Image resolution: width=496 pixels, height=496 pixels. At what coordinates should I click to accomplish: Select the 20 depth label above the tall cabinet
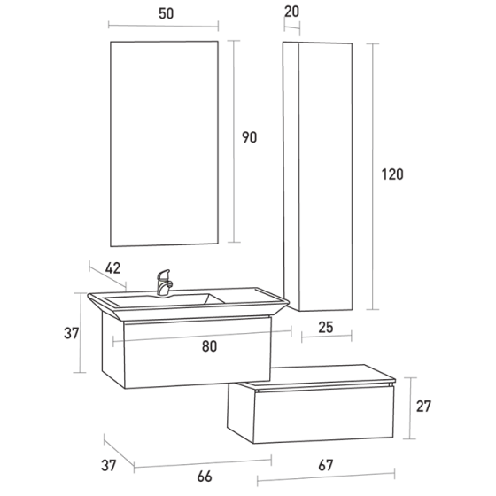pos(292,12)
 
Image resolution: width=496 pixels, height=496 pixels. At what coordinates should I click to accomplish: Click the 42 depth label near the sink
pos(112,267)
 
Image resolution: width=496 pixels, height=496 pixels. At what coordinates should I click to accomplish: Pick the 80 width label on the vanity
pos(209,346)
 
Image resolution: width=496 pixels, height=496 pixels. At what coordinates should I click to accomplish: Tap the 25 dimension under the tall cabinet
pos(325,329)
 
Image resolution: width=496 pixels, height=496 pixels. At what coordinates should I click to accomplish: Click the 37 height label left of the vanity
pos(72,334)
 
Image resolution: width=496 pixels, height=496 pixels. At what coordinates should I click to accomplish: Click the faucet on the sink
pos(164,283)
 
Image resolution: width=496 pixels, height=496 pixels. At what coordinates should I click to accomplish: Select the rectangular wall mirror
pos(164,142)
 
